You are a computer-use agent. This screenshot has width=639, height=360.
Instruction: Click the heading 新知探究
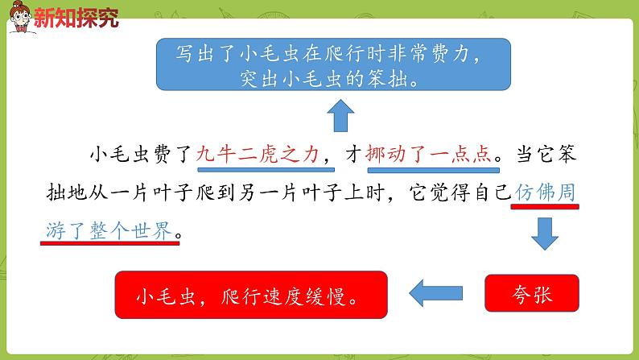tap(76, 18)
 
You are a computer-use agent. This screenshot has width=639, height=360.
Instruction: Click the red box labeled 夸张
tap(532, 292)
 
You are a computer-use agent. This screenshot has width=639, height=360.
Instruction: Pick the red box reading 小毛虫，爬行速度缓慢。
tap(250, 294)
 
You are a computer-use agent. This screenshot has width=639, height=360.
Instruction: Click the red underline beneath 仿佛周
tap(545, 207)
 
